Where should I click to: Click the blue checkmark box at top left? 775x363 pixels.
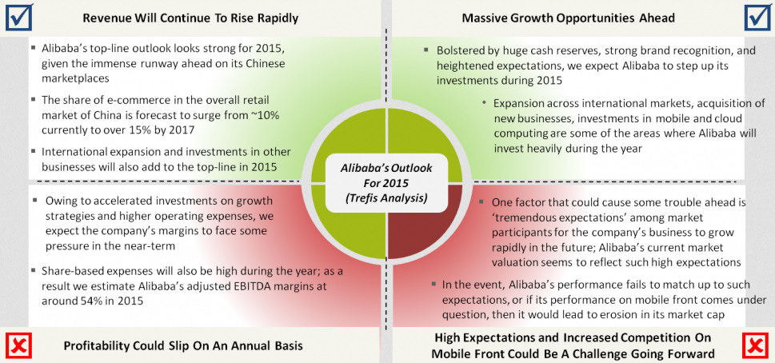click(18, 16)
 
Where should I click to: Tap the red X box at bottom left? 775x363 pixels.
click(18, 346)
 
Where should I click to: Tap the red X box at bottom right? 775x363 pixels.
click(756, 346)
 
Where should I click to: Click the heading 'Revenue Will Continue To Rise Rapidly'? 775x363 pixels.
click(190, 17)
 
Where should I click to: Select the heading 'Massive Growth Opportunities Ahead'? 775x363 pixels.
click(569, 17)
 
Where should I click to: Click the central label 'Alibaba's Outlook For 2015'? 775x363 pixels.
click(386, 174)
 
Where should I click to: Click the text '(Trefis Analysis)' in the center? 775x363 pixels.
click(386, 197)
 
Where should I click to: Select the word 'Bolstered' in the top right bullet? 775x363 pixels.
click(463, 50)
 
